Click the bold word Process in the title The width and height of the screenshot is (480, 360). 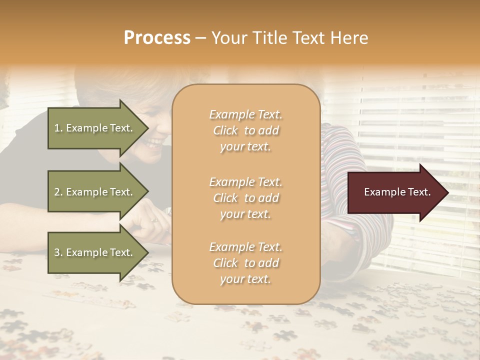pyautogui.click(x=157, y=38)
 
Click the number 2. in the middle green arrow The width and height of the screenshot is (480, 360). pyautogui.click(x=58, y=192)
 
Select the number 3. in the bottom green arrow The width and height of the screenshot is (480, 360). pyautogui.click(x=58, y=252)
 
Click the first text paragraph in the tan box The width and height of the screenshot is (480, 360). pyautogui.click(x=245, y=130)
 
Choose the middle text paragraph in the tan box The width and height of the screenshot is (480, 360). pyautogui.click(x=245, y=197)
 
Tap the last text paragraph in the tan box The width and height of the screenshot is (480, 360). pyautogui.click(x=245, y=263)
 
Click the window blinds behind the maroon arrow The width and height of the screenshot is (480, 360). pyautogui.click(x=425, y=125)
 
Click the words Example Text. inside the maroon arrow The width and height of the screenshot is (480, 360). pyautogui.click(x=397, y=192)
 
